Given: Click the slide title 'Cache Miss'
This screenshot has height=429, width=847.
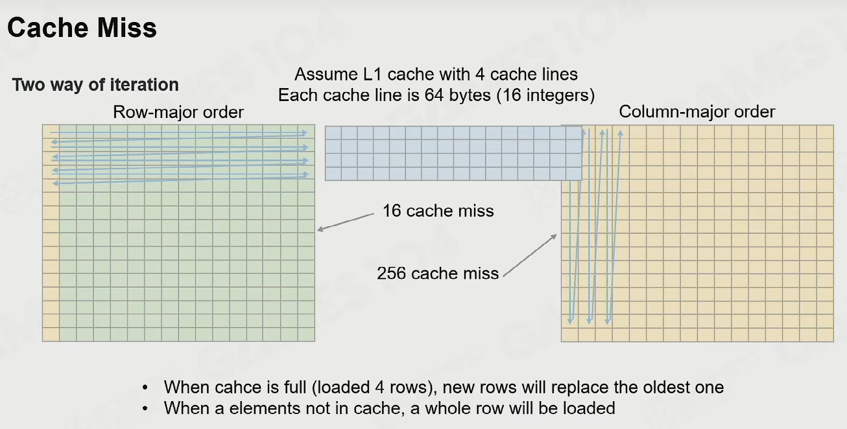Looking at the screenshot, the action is click(x=82, y=28).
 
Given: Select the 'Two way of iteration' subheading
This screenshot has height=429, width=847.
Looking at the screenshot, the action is click(x=95, y=85).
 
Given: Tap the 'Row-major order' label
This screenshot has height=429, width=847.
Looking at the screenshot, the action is click(x=178, y=112).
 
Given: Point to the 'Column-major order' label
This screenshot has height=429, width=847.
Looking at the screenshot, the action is click(x=697, y=112).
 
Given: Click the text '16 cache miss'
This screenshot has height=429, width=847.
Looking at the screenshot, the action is click(x=438, y=211).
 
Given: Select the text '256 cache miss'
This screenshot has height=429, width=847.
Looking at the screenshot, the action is click(x=438, y=273).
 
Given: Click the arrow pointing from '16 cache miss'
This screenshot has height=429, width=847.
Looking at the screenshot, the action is click(x=346, y=222).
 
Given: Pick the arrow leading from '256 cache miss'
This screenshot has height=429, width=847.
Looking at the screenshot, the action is click(x=530, y=255).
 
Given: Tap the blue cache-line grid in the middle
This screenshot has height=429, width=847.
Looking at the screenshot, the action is click(x=453, y=153).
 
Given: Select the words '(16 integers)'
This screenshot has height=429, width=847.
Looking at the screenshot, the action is click(x=545, y=95).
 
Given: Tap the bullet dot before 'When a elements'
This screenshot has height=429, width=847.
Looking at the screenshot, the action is click(x=145, y=409).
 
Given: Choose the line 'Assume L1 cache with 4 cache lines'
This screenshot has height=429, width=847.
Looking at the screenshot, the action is click(x=436, y=74).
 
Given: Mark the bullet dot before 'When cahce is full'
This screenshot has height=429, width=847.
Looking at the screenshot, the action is click(x=145, y=388).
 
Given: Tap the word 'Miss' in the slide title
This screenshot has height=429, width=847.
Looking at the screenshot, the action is click(x=126, y=28).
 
